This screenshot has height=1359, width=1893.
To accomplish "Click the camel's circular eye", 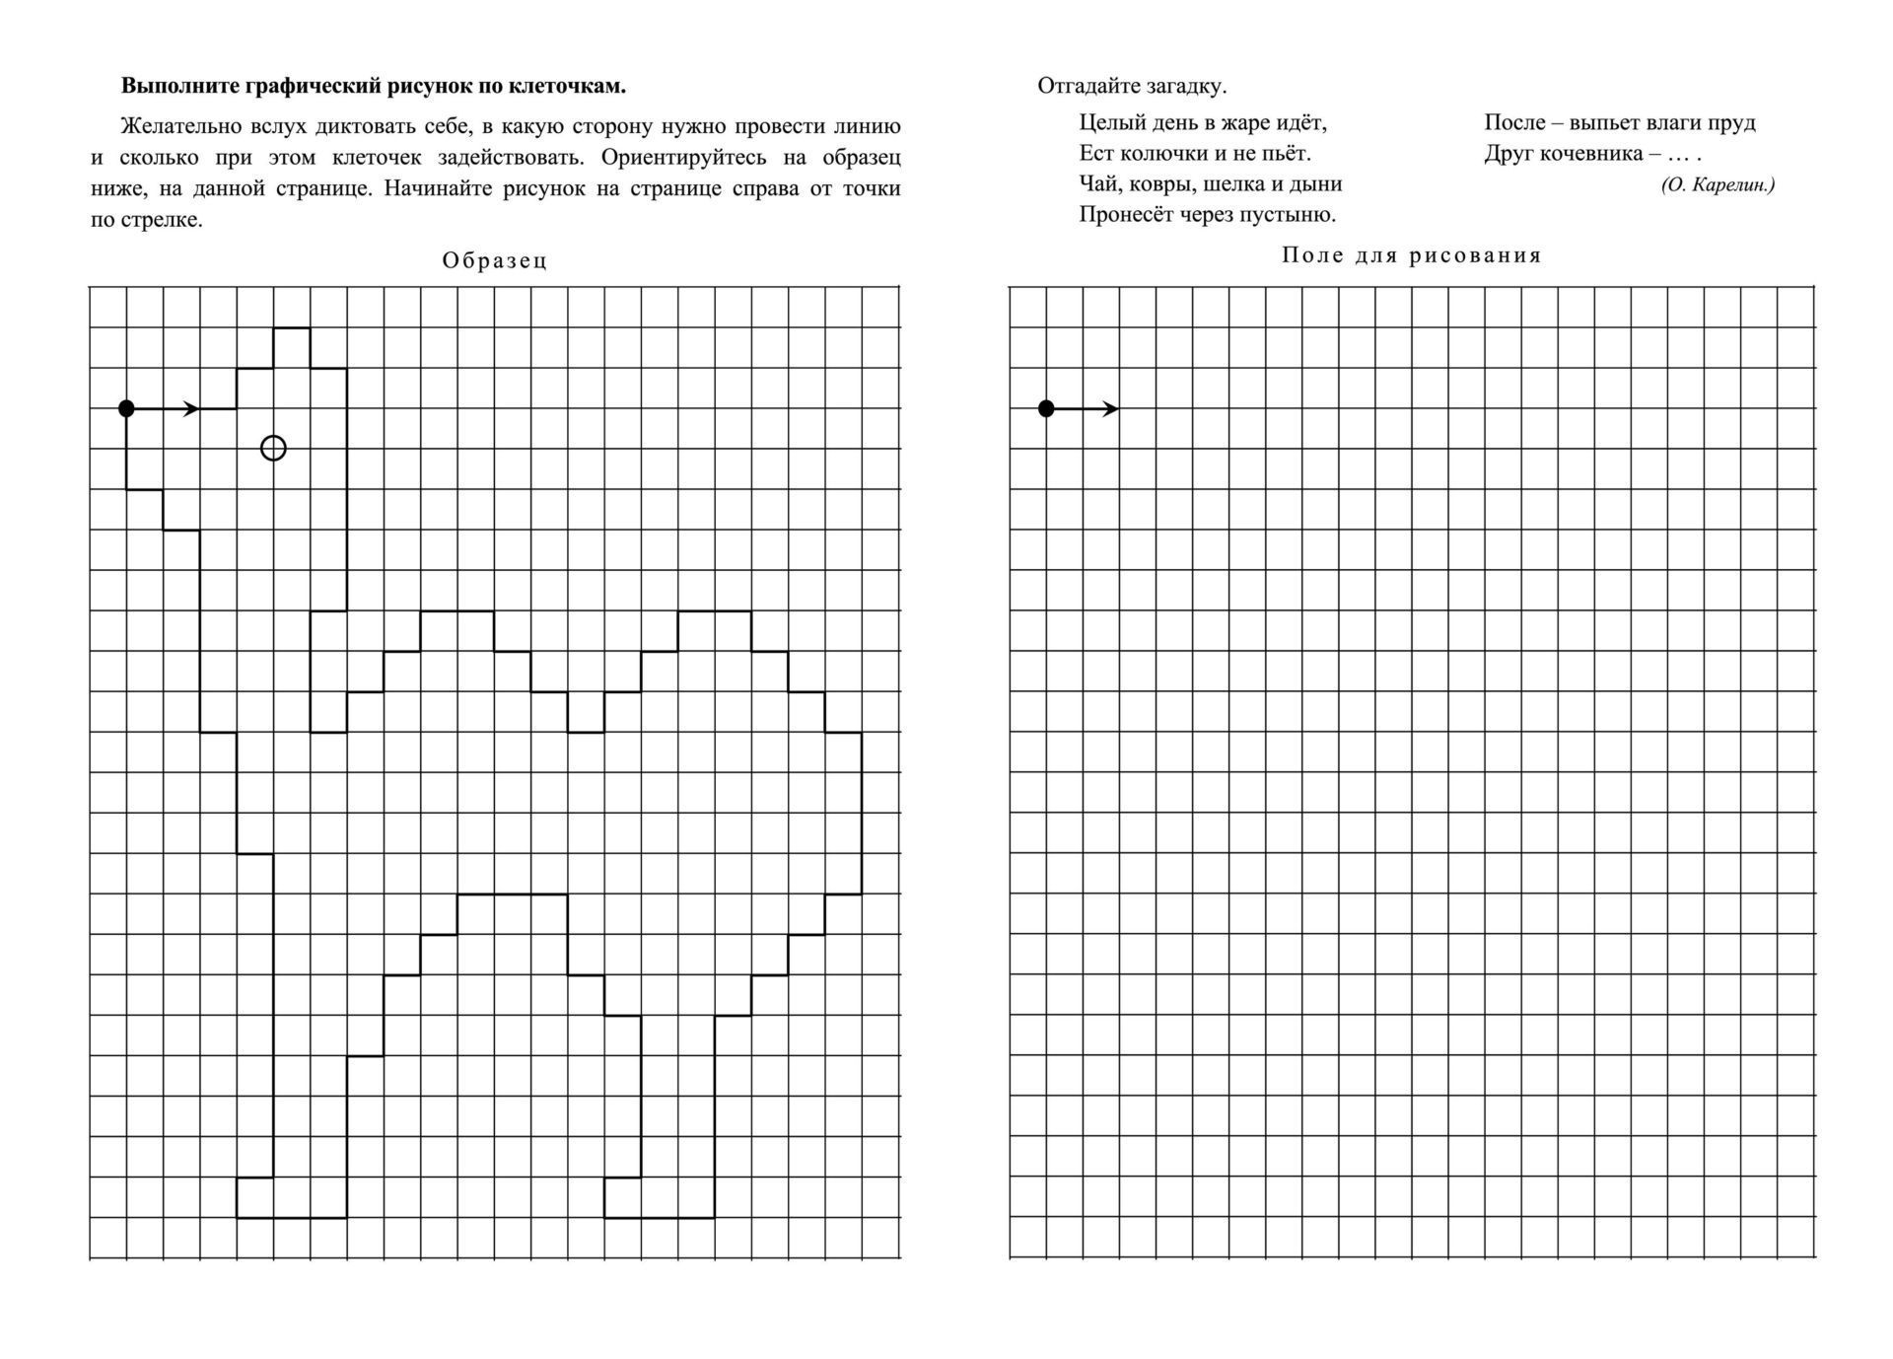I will pos(273,449).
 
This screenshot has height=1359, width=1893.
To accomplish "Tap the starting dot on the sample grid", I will pos(126,408).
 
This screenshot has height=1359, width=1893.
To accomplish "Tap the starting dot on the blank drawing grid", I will pos(1047,408).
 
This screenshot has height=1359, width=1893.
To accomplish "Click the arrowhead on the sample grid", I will pos(191,408).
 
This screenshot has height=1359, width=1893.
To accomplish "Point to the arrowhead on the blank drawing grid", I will pos(1111,408).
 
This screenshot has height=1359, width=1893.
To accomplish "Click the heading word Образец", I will pos(494,261).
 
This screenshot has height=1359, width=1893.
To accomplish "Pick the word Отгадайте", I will pos(1088,86).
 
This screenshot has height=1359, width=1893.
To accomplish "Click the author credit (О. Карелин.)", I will pos(1718,184).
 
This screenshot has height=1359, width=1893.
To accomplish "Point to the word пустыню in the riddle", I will pos(1294,214).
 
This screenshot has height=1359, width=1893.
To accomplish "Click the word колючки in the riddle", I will pos(1161,154).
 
